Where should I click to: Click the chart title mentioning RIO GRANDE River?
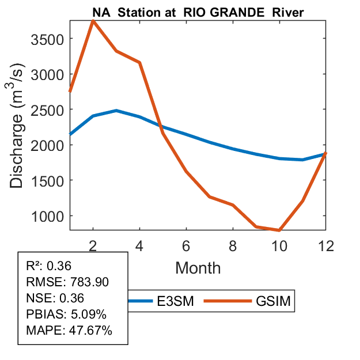pos(198,12)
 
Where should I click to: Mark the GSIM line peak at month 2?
pos(93,21)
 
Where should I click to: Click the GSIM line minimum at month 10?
pos(279,230)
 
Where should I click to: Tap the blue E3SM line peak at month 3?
pos(116,111)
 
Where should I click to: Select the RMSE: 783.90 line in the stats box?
pos(67,282)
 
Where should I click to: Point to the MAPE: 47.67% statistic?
pos(69,331)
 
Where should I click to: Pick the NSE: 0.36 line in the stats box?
pos(55,298)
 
